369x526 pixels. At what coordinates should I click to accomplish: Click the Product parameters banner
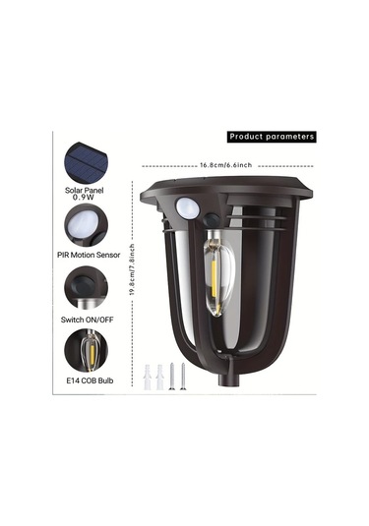click(272, 137)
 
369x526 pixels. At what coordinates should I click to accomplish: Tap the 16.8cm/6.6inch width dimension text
click(225, 165)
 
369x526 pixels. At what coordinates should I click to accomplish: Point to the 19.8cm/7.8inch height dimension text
click(132, 269)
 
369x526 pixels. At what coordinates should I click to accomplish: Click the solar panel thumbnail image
click(87, 162)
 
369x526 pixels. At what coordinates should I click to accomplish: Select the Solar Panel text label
click(84, 190)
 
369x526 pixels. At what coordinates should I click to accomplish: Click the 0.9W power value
click(84, 198)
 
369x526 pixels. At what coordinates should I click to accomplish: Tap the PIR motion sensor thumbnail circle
click(86, 225)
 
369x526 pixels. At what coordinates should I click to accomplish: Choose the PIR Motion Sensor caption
click(89, 255)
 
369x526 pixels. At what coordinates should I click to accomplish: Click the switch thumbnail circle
click(86, 288)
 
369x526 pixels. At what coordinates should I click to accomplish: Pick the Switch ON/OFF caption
click(87, 320)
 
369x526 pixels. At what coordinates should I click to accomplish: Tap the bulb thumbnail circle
click(86, 351)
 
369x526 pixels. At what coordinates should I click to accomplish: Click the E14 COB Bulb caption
click(90, 380)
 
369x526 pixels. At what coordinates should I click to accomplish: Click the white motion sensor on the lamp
click(187, 207)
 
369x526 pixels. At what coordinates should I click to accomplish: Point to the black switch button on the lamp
click(212, 220)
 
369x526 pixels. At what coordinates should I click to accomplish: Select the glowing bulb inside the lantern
click(218, 272)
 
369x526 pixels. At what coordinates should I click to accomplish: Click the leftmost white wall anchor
click(148, 377)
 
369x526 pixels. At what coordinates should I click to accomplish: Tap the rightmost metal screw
click(183, 376)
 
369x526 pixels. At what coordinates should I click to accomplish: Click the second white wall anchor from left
click(159, 377)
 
